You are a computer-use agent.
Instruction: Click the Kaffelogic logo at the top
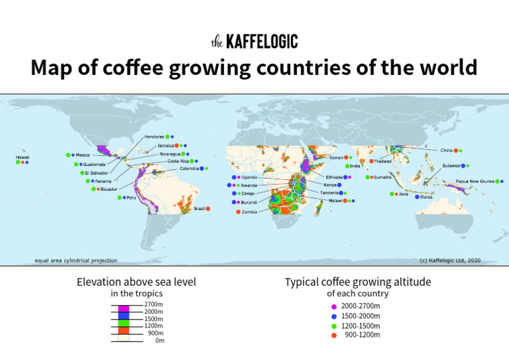click(x=254, y=42)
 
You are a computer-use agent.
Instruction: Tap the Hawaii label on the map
click(x=23, y=157)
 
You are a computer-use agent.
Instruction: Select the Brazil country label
click(x=199, y=208)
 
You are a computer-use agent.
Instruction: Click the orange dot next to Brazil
click(x=208, y=208)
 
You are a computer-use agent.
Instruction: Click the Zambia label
click(x=249, y=212)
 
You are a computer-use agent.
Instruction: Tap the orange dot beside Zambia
click(x=236, y=212)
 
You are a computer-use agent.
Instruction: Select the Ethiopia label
click(x=333, y=177)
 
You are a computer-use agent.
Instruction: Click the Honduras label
click(x=154, y=137)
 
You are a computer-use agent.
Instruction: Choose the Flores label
click(x=426, y=197)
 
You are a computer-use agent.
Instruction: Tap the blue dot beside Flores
click(x=417, y=197)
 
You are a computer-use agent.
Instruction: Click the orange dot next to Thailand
click(x=371, y=160)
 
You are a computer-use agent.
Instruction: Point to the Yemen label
click(x=337, y=158)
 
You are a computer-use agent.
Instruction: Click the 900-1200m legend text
click(x=362, y=335)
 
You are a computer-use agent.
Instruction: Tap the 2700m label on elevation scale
click(x=153, y=304)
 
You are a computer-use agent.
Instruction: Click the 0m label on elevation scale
click(x=159, y=341)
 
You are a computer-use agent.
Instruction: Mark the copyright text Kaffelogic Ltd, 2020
click(x=450, y=261)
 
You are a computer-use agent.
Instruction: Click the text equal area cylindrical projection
click(x=76, y=261)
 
